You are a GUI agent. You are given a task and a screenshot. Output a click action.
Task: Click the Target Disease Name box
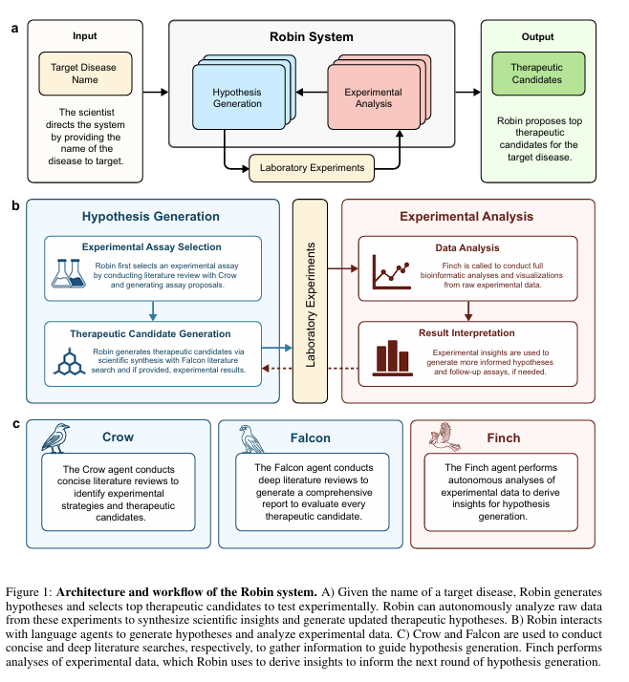tap(85, 74)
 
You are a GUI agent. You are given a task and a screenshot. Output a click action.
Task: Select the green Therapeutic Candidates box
tap(538, 74)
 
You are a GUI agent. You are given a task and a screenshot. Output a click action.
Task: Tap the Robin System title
tap(312, 37)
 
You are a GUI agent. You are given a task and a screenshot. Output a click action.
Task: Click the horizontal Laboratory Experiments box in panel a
tap(312, 168)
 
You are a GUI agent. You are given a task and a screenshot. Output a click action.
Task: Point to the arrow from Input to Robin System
tap(156, 92)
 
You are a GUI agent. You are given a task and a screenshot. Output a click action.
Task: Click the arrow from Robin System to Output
tap(468, 92)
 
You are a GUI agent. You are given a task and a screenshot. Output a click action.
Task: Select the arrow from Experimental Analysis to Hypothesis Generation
tap(312, 92)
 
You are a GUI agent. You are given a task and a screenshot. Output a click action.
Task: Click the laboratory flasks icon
tap(69, 273)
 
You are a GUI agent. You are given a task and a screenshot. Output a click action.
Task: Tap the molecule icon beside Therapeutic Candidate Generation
tap(69, 361)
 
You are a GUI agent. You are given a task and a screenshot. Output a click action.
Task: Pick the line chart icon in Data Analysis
tap(391, 272)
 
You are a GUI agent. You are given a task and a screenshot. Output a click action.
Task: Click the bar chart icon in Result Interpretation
tap(392, 358)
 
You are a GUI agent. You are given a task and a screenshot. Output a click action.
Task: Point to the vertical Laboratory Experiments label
tap(311, 305)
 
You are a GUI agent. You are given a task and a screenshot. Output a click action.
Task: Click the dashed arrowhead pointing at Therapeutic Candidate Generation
tap(265, 369)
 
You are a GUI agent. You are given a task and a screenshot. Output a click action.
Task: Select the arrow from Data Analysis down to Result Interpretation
tap(468, 311)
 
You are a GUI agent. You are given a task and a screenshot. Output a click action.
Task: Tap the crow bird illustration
tap(55, 438)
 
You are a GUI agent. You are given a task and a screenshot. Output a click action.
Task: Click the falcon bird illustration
tap(250, 438)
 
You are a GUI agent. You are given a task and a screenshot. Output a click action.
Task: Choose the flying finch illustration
tap(445, 437)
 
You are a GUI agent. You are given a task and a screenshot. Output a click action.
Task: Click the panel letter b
tap(15, 205)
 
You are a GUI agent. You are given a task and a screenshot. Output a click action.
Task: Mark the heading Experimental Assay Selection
tap(151, 247)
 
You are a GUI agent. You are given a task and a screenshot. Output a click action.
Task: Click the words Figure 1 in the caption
tap(29, 592)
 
